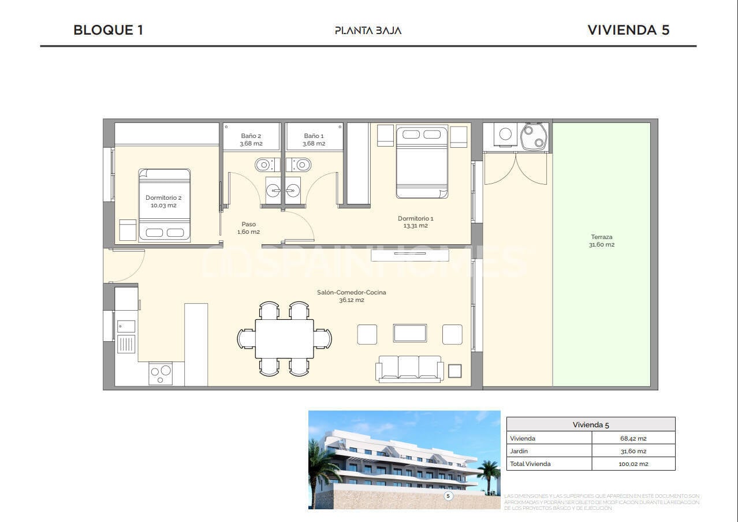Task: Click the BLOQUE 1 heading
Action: point(108,30)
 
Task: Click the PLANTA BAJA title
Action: point(368,31)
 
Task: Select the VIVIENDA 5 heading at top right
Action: point(628,30)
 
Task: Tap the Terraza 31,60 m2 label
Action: point(602,241)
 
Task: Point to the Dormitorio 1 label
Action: point(415,222)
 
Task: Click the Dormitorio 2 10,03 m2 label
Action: point(163,202)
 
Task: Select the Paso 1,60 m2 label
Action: point(248,228)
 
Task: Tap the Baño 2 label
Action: point(251,140)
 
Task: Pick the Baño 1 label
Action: point(314,140)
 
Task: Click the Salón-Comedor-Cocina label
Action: point(351,296)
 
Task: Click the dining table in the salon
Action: point(284,338)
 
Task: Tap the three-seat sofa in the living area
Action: point(409,368)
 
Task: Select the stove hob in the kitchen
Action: point(161,373)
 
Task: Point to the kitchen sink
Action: point(126,326)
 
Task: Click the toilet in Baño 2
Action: point(263,165)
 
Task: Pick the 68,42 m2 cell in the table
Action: point(633,439)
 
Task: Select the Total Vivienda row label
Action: point(530,464)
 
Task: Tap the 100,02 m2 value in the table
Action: point(633,464)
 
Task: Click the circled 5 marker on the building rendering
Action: point(448,495)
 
